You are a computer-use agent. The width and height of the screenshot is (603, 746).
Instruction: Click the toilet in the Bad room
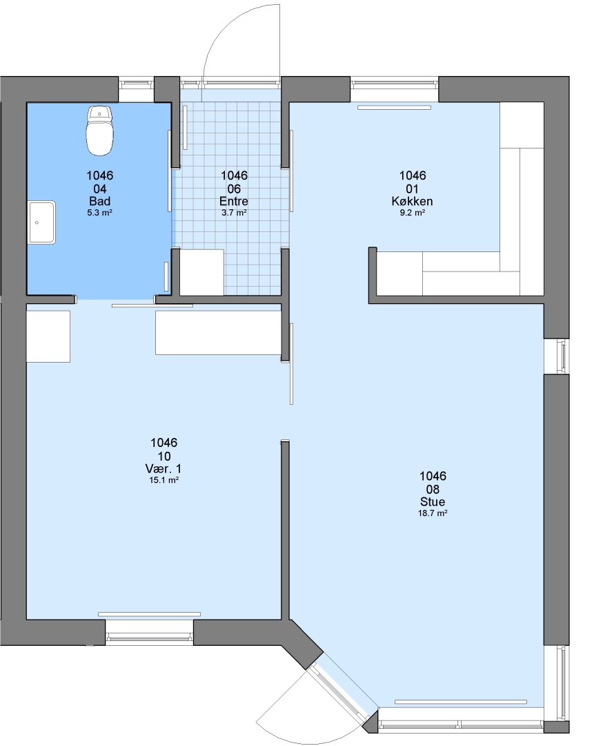click(x=100, y=131)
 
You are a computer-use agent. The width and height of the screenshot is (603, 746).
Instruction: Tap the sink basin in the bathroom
click(x=42, y=222)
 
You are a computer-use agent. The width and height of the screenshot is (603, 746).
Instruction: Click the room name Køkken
click(x=412, y=201)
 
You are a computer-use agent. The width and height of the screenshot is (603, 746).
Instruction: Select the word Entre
click(x=234, y=201)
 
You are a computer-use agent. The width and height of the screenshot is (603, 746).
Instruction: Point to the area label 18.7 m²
click(x=433, y=513)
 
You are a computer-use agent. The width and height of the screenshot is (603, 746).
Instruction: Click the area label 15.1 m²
click(x=164, y=480)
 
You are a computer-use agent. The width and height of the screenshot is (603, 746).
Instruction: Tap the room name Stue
click(x=433, y=501)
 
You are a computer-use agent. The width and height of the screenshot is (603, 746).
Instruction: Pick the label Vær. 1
click(x=164, y=468)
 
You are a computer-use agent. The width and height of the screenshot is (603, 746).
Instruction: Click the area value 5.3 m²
click(x=100, y=213)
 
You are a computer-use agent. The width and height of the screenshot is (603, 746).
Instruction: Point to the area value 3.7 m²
click(x=234, y=213)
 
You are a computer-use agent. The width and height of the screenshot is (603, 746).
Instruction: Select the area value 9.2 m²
click(x=412, y=213)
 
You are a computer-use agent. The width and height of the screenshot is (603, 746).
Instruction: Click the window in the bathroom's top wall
click(x=137, y=84)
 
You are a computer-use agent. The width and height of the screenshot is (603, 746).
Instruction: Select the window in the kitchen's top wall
click(x=395, y=84)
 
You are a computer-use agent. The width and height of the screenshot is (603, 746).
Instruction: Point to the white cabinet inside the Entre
click(x=201, y=272)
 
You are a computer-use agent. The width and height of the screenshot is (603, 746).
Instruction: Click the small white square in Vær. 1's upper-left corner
click(x=48, y=336)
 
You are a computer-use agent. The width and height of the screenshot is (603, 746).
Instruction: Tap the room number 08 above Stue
click(x=433, y=490)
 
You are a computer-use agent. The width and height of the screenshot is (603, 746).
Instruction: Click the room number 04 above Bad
click(x=100, y=189)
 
